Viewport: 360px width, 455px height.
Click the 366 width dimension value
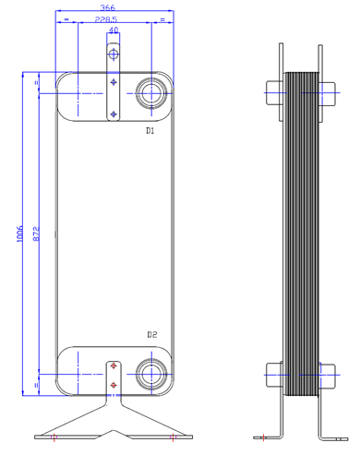(107, 7)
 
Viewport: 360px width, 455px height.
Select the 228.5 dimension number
(106, 19)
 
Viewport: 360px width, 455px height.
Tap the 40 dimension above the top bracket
(114, 30)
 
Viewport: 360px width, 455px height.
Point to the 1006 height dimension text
(19, 233)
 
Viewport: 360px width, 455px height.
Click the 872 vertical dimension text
(36, 233)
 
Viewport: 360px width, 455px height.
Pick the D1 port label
(150, 131)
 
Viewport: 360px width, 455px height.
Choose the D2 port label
(152, 334)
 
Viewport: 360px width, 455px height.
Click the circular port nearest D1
(151, 93)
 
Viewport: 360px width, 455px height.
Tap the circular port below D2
(151, 374)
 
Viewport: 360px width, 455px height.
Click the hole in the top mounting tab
(114, 54)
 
